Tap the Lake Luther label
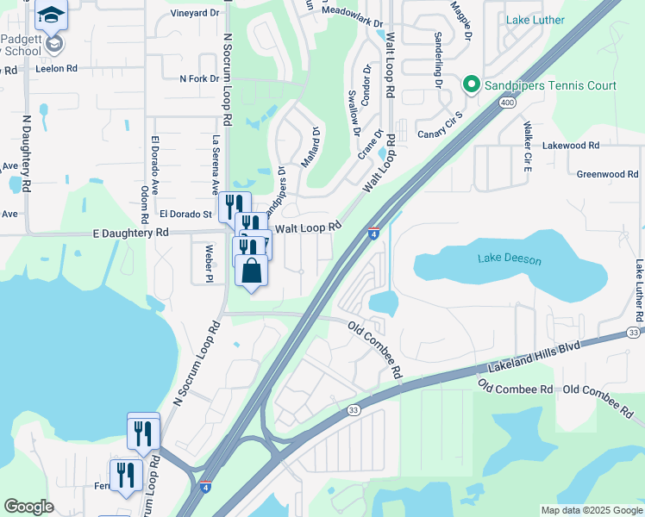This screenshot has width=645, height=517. [x=535, y=20]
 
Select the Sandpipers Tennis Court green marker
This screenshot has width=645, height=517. [x=471, y=84]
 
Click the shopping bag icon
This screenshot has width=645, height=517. [x=251, y=271]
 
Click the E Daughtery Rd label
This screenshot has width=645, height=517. [x=130, y=233]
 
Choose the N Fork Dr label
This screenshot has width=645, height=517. [x=199, y=78]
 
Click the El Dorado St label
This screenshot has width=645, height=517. [x=185, y=214]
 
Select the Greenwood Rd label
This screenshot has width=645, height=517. [x=607, y=174]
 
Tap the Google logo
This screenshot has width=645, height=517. [x=29, y=507]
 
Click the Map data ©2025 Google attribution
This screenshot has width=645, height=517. [x=591, y=510]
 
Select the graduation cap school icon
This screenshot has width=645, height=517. [x=51, y=15]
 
